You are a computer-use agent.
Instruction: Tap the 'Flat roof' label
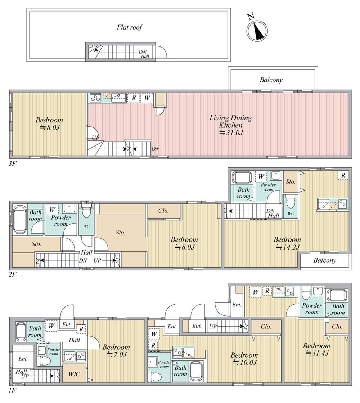click(130, 27)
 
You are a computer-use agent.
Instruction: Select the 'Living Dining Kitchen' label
click(230, 121)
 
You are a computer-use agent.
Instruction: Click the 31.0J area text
click(230, 133)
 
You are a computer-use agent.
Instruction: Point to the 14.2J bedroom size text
click(287, 247)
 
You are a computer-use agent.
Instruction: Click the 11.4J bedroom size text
click(317, 353)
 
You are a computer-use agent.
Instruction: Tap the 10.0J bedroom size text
click(244, 363)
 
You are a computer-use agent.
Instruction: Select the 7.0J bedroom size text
click(116, 355)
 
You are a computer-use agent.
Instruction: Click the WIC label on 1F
click(74, 374)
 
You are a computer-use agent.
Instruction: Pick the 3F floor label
click(12, 164)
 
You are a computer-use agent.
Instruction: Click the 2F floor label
click(12, 274)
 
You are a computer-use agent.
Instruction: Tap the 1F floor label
click(12, 391)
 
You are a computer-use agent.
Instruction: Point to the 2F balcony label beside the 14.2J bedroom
click(325, 260)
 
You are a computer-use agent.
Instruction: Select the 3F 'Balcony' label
click(271, 80)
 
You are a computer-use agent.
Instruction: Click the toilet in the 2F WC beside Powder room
click(86, 212)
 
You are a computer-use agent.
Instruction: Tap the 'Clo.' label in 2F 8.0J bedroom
click(163, 211)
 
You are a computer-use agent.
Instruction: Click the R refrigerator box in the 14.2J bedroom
click(343, 175)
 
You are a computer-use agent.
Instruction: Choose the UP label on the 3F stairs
click(95, 138)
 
